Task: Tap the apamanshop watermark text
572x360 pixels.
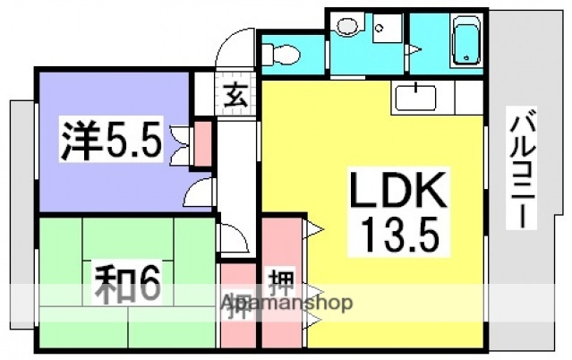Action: [x=286, y=303]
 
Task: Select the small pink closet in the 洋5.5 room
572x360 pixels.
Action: [x=203, y=145]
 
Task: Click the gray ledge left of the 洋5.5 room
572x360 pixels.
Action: [x=21, y=161]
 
